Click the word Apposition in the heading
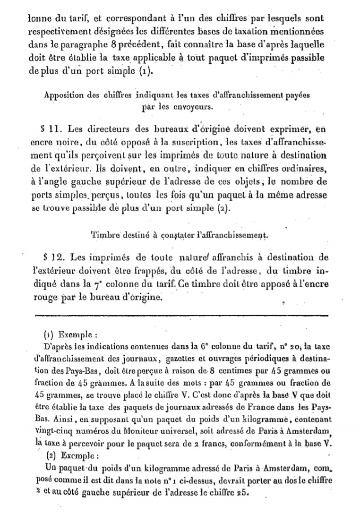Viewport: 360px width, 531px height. pyautogui.click(x=63, y=94)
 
